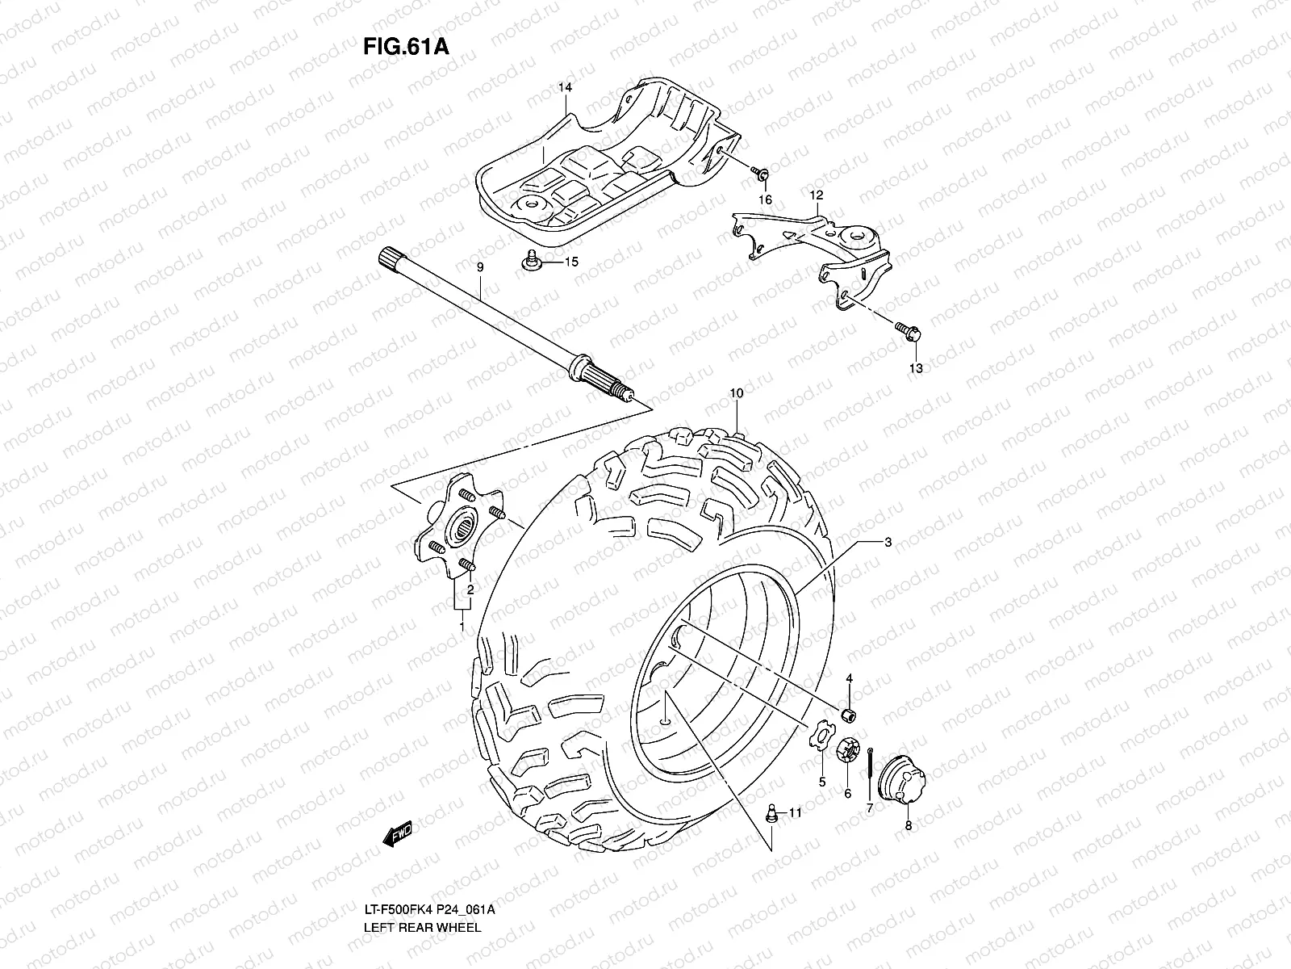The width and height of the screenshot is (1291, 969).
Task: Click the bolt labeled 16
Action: [761, 173]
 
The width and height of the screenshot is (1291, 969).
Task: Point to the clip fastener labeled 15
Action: [531, 262]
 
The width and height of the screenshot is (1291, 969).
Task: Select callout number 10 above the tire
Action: [736, 393]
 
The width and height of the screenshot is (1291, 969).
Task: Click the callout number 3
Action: [888, 543]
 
